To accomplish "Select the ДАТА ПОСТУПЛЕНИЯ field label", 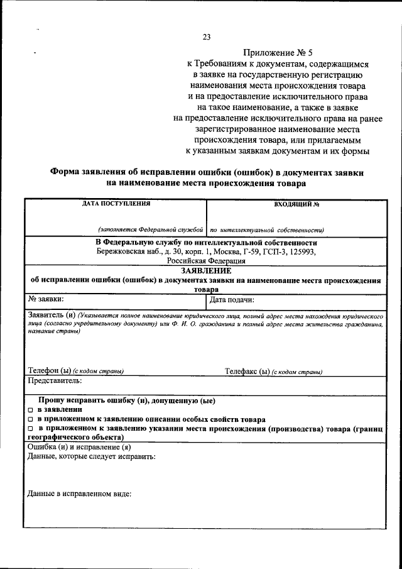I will [116, 204].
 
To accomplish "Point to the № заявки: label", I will [46, 299].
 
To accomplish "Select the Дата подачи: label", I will [232, 299].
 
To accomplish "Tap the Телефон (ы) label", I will [50, 371].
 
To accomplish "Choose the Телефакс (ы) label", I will [247, 371].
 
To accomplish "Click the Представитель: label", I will [55, 381].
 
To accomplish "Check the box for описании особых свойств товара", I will [30, 419].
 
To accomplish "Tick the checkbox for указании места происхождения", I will [30, 429].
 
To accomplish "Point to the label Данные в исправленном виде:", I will [80, 494].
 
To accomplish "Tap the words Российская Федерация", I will [206, 260].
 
